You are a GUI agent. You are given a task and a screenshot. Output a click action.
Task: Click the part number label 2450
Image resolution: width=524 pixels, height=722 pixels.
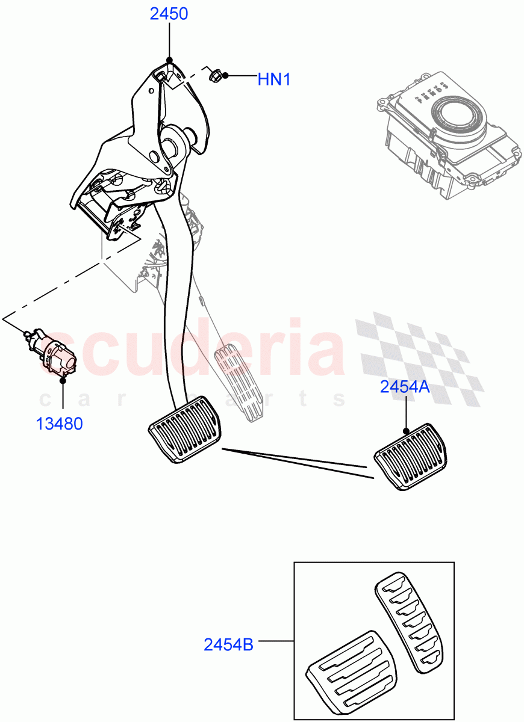click(169, 14)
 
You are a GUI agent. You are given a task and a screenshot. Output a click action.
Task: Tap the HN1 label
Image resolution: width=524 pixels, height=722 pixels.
click(274, 79)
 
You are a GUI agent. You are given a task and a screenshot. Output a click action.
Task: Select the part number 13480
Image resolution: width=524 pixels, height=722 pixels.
click(59, 424)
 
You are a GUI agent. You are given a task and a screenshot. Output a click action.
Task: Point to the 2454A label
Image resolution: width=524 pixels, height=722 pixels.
click(405, 387)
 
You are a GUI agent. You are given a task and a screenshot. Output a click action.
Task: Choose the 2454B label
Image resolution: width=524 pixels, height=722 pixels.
click(228, 645)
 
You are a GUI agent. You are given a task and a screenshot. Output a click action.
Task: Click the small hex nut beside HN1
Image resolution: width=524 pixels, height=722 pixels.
click(214, 76)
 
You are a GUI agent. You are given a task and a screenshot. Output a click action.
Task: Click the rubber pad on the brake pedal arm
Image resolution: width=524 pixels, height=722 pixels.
click(185, 429)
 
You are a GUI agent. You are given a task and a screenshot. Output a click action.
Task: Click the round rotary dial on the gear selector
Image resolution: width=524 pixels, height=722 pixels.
click(459, 116)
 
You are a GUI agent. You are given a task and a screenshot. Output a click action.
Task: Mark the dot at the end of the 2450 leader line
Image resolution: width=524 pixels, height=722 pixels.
click(169, 60)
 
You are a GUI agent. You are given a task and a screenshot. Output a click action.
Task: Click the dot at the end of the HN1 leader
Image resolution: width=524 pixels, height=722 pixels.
click(225, 76)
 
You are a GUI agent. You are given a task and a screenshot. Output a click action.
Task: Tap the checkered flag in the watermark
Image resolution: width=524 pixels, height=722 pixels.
click(422, 355)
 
